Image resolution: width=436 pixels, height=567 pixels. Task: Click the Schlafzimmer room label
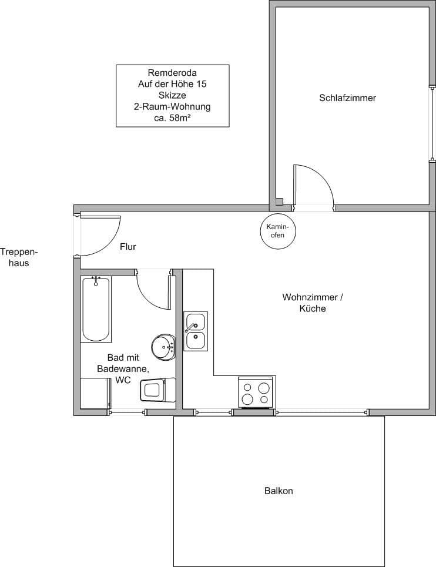point(347,98)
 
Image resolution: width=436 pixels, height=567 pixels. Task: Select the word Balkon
point(279,491)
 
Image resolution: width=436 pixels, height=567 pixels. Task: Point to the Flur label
point(128,247)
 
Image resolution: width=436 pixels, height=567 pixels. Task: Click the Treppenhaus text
point(19,257)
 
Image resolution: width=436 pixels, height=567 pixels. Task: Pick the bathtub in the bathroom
point(96,308)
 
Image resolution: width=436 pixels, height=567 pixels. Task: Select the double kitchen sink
point(195,331)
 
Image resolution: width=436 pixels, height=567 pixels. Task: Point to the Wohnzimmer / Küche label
point(311,303)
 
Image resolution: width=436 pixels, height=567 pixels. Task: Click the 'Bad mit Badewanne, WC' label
point(123,368)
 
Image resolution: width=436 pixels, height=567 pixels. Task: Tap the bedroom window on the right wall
point(432,123)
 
